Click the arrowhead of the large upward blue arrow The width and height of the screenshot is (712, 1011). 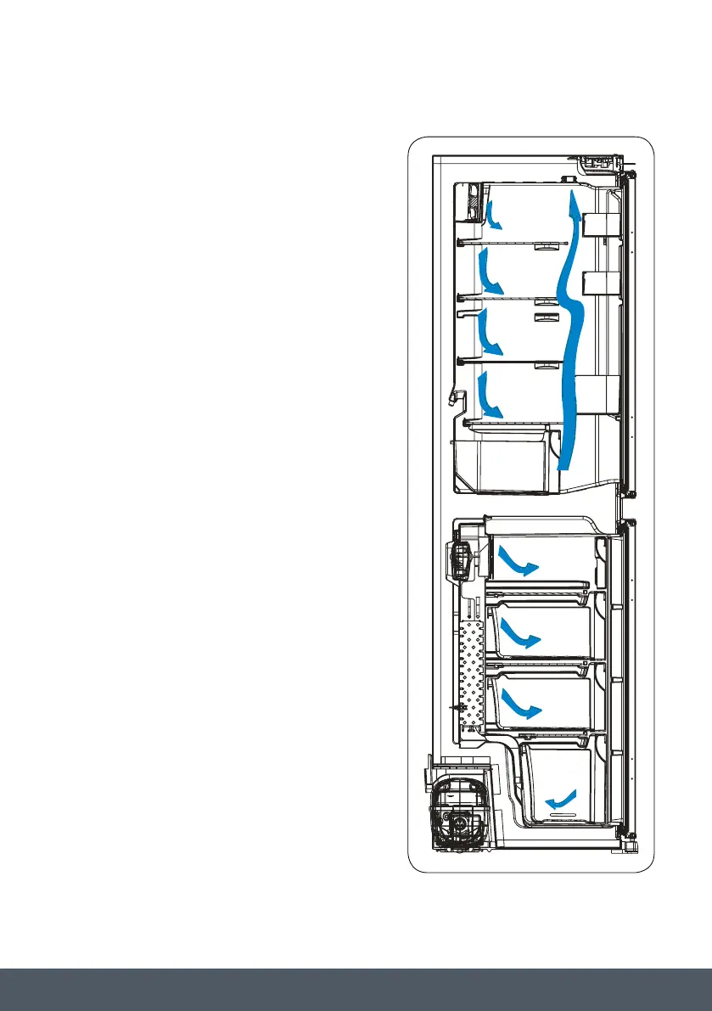pos(575,205)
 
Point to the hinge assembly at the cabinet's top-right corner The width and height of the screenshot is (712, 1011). pos(604,162)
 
